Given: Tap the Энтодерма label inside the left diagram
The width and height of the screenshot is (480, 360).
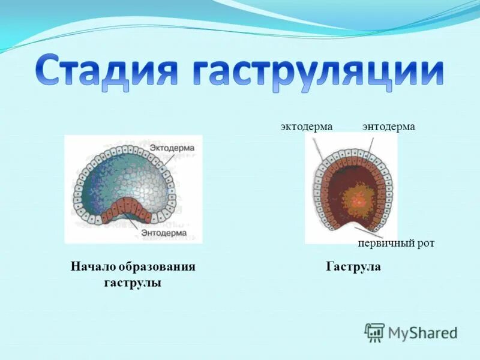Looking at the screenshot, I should (164, 232).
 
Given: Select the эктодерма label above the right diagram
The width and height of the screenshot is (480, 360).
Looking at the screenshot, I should (306, 127).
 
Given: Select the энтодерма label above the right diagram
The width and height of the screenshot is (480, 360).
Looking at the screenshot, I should (389, 127).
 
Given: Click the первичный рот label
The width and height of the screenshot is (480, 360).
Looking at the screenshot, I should (395, 244).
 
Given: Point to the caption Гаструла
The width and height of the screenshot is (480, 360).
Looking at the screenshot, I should (353, 266).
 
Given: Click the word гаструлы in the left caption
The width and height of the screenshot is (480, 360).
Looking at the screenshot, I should (133, 282).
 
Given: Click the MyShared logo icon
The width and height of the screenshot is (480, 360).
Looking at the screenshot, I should (375, 332).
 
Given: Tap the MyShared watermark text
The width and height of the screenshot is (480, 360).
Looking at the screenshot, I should (423, 332).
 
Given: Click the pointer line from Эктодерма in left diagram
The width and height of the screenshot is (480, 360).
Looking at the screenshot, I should (169, 158).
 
